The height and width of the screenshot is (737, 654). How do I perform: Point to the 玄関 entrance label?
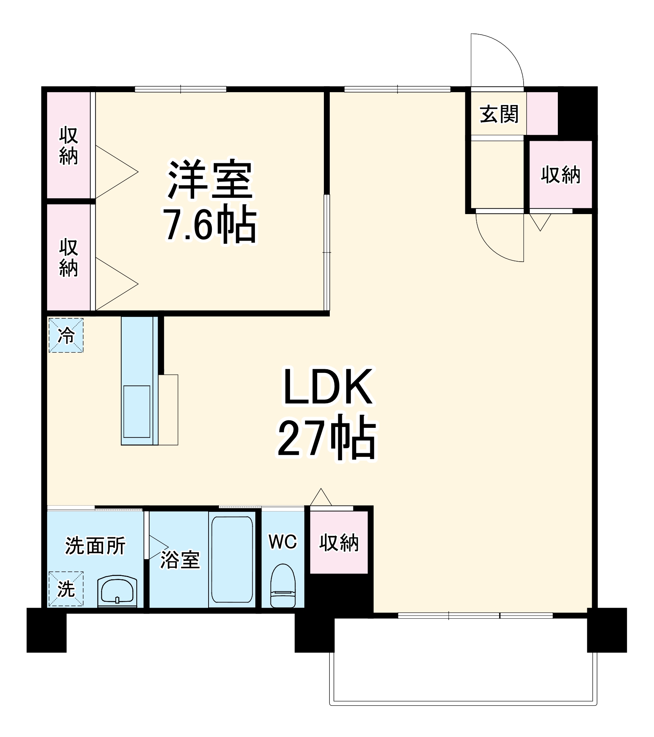coord(499,114)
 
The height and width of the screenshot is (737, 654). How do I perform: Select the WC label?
coord(283,542)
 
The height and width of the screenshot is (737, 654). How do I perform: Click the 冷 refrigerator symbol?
coord(66,335)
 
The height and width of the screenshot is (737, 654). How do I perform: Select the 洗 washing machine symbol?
coord(66,588)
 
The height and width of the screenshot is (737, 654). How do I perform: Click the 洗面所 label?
coord(95,546)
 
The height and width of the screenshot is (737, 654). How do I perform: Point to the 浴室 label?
coord(180,560)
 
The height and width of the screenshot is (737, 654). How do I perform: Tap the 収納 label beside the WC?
coord(339,543)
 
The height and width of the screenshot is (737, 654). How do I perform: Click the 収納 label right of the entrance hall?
coord(560,175)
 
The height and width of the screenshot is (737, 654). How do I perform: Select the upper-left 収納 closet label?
coord(69,146)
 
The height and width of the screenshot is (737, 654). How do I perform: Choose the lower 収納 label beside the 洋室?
coord(69,258)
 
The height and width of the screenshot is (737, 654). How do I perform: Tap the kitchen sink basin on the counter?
coord(137,411)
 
